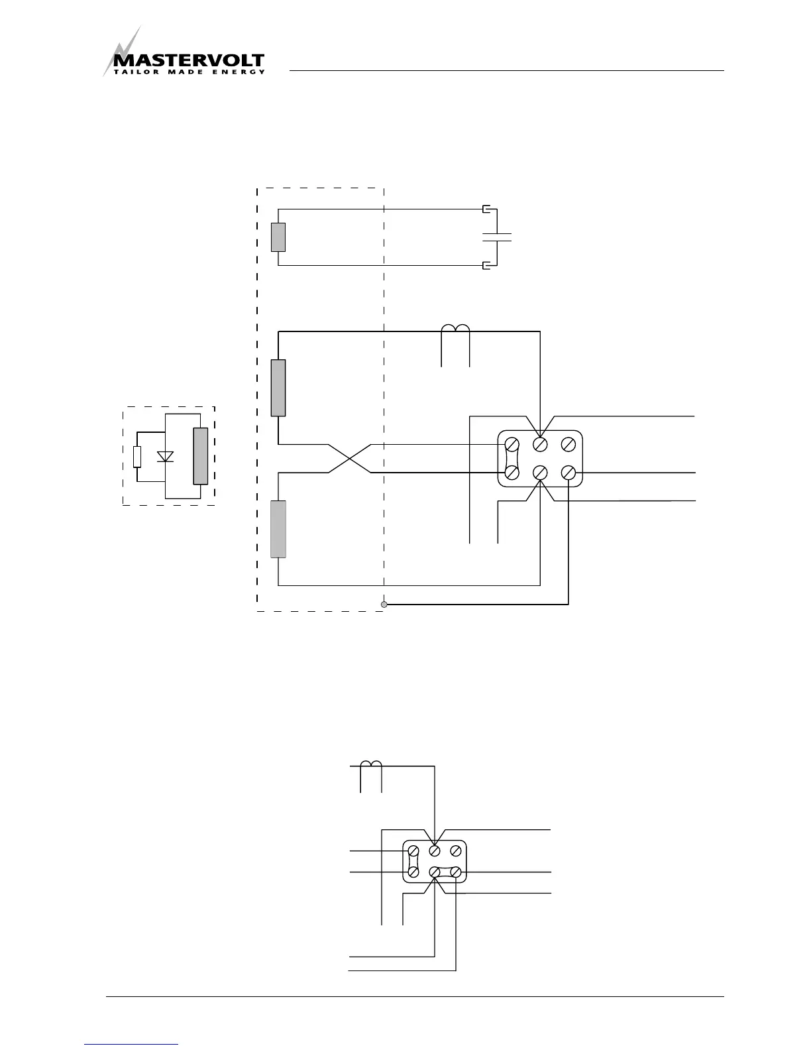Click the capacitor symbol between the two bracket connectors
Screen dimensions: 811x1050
click(x=497, y=237)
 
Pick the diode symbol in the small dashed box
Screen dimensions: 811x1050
click(x=165, y=457)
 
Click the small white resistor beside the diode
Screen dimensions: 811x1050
click(x=137, y=457)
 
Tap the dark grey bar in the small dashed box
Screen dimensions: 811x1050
click(x=200, y=456)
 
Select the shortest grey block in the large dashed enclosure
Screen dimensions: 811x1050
click(x=278, y=237)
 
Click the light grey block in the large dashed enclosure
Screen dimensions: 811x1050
click(x=278, y=529)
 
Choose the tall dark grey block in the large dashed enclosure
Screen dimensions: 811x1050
click(x=278, y=388)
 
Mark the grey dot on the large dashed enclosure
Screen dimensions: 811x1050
click(x=384, y=605)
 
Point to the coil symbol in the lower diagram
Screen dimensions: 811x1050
click(x=371, y=764)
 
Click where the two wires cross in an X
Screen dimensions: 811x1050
click(x=350, y=458)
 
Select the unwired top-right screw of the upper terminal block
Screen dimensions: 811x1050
click(x=568, y=444)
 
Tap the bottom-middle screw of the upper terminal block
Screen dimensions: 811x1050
click(x=541, y=473)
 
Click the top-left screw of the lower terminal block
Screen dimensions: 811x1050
click(x=413, y=850)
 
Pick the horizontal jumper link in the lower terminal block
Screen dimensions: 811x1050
click(x=445, y=872)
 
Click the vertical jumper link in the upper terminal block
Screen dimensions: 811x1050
click(x=512, y=458)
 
